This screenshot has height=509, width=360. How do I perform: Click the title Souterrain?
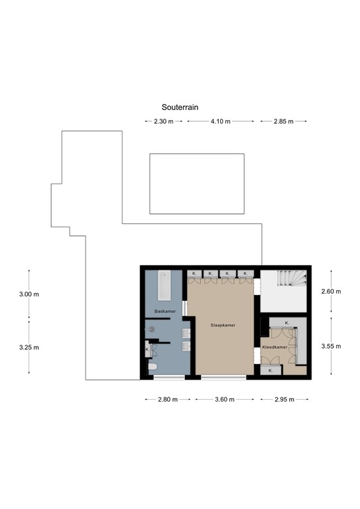tap(180, 107)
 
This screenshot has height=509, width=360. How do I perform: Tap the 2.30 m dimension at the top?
tap(163, 122)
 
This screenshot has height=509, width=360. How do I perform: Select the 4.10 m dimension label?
tap(220, 122)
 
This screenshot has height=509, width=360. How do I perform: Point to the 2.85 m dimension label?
tap(283, 122)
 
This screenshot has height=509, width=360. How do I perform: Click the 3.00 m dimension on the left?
tap(29, 294)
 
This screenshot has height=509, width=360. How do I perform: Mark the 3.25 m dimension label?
tap(29, 347)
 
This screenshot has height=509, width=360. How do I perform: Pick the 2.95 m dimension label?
tap(284, 400)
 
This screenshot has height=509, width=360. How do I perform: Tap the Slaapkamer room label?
tap(223, 325)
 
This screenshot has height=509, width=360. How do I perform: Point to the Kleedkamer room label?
tap(274, 347)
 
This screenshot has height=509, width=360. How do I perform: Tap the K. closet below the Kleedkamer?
tap(271, 371)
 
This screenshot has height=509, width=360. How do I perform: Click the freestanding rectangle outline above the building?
tap(197, 184)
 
